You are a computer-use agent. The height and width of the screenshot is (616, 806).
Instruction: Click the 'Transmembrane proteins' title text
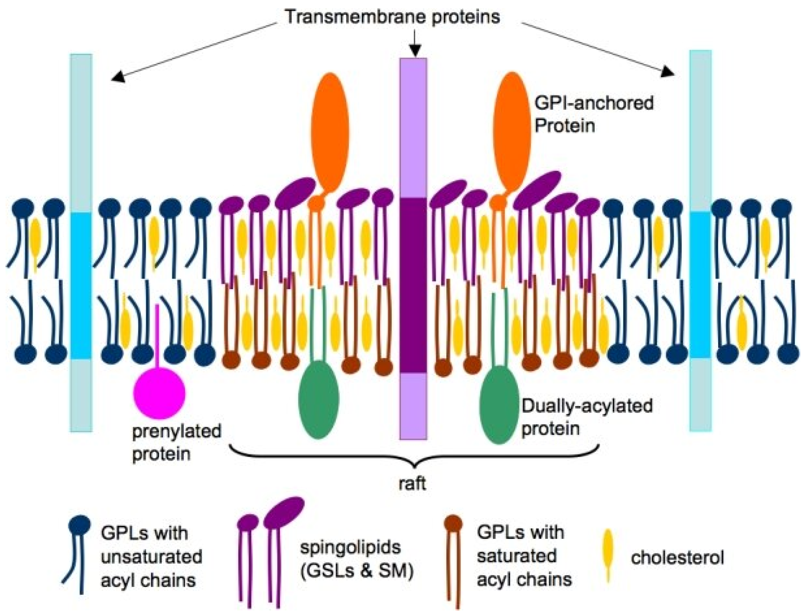[x=392, y=17]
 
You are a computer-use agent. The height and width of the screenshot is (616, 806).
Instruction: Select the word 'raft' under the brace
[x=413, y=484]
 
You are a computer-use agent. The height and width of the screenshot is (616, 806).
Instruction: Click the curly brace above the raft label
[x=414, y=458]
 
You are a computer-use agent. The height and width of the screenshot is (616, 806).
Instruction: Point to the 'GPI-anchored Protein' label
[x=593, y=114]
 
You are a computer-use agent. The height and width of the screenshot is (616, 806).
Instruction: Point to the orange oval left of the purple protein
[x=330, y=132]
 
